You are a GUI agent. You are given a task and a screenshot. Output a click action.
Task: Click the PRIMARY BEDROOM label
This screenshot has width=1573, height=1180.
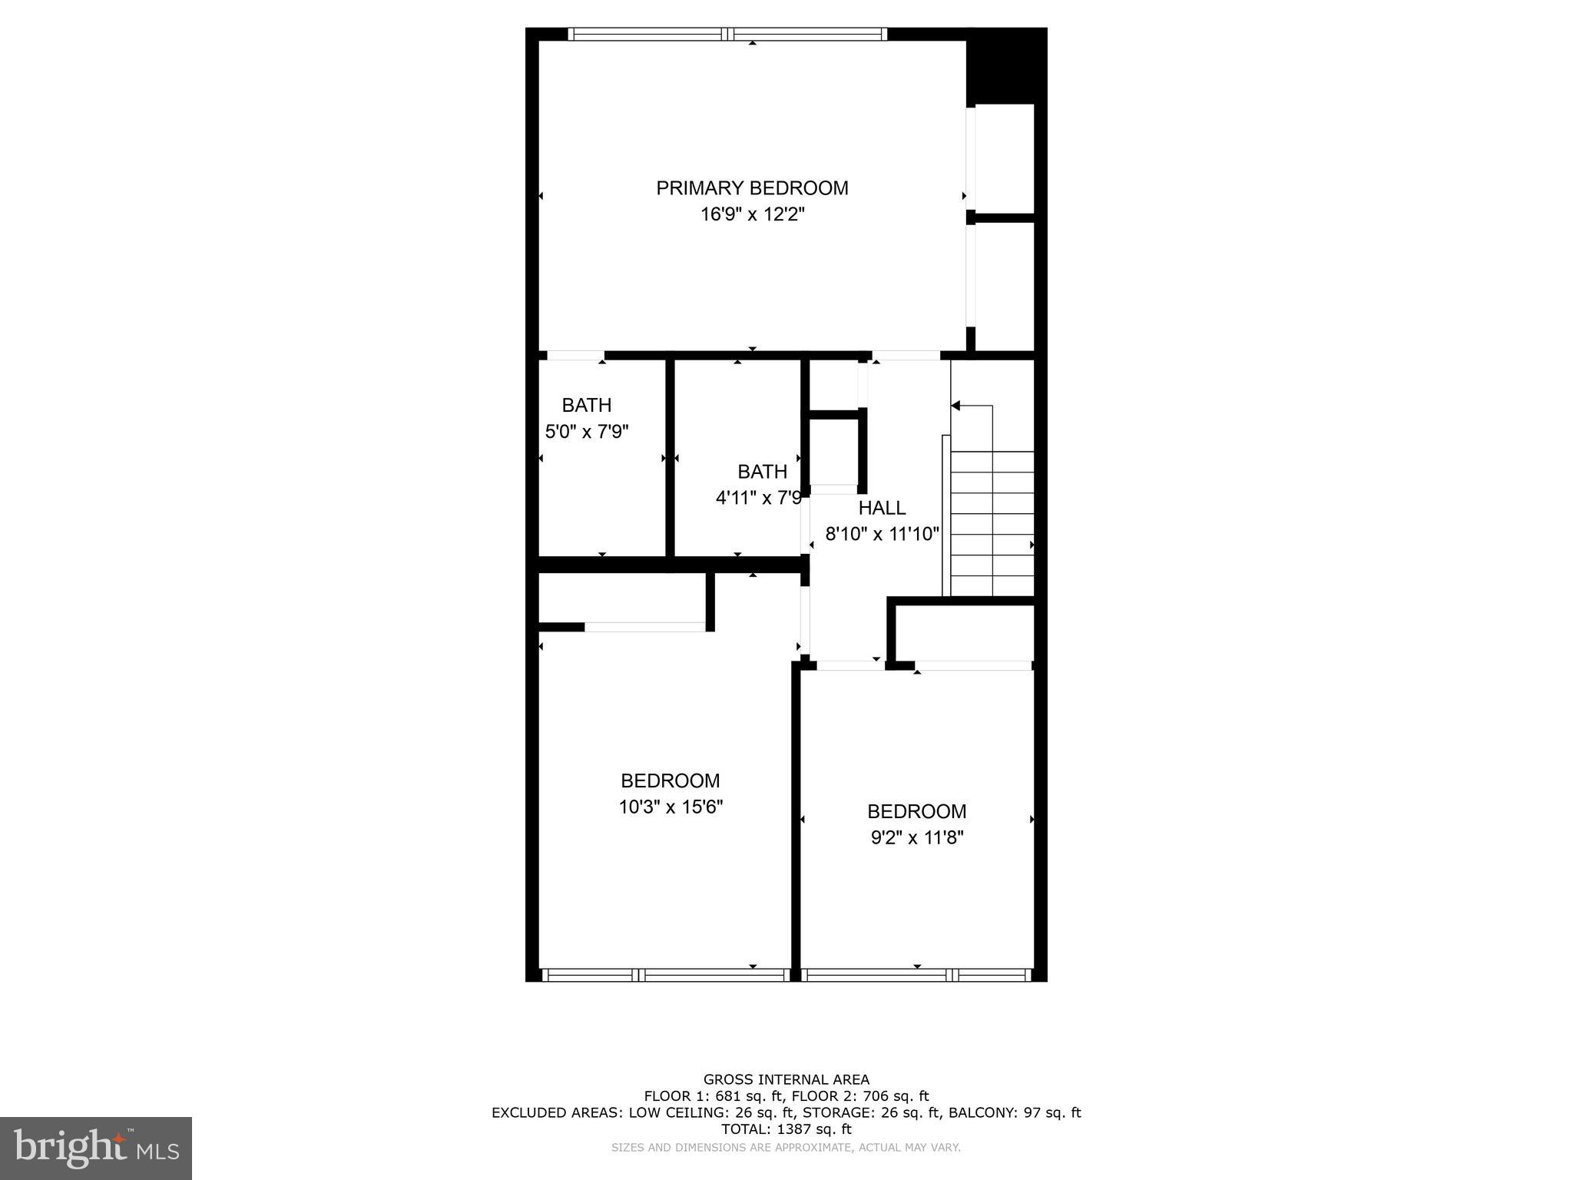pos(751,188)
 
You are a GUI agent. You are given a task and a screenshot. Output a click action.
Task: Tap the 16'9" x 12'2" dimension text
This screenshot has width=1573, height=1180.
pos(751,214)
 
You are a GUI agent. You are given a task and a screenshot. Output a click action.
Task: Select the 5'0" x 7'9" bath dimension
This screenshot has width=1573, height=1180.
pos(587,432)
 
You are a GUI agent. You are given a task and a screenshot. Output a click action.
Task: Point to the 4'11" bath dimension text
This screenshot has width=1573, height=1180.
pos(758,498)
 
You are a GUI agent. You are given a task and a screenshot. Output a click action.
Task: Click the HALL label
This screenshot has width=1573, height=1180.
pos(881,508)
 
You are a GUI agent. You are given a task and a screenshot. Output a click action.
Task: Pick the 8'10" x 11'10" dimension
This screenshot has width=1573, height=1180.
pos(882,534)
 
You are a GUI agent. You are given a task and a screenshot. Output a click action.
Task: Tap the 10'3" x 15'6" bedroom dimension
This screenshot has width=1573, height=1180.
pos(670,807)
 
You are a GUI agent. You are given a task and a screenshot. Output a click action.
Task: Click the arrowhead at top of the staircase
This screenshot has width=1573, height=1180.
pos(956,406)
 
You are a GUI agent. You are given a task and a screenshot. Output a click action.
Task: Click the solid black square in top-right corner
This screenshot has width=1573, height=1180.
pos(1006,66)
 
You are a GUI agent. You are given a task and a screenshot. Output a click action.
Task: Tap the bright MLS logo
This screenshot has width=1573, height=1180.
pos(96,1149)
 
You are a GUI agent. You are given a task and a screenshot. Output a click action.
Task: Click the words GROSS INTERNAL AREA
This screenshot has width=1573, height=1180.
pos(786,1079)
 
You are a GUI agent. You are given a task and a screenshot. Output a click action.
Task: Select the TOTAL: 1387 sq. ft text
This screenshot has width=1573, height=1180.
pos(786,1129)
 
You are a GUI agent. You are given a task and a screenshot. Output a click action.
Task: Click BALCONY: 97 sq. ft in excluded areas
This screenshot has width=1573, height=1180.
pos(1014,1112)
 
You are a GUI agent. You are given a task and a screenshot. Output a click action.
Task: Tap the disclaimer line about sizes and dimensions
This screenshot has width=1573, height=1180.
pos(786,1147)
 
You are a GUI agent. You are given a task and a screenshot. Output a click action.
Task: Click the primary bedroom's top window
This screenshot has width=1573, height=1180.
pos(727,34)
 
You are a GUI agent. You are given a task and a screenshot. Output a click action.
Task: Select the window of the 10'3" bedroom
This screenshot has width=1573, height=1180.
pos(665,975)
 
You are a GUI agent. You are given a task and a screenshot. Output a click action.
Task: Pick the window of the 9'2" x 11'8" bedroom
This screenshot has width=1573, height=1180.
pos(916,975)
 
